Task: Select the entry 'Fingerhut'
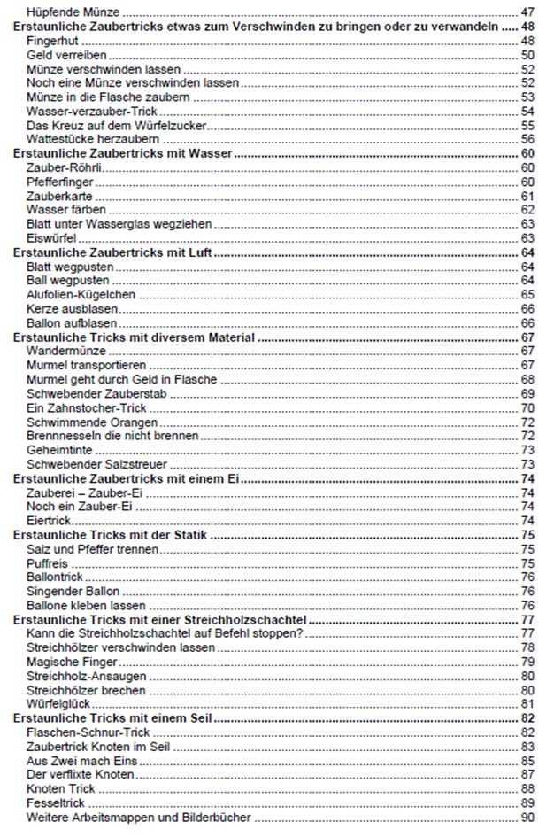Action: (x=52, y=42)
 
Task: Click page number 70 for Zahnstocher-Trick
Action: (x=527, y=407)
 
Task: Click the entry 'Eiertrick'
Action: (x=50, y=521)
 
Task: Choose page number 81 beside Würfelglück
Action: (x=527, y=704)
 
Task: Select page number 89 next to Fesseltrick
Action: (x=527, y=803)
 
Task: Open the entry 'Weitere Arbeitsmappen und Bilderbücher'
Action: (x=139, y=818)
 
